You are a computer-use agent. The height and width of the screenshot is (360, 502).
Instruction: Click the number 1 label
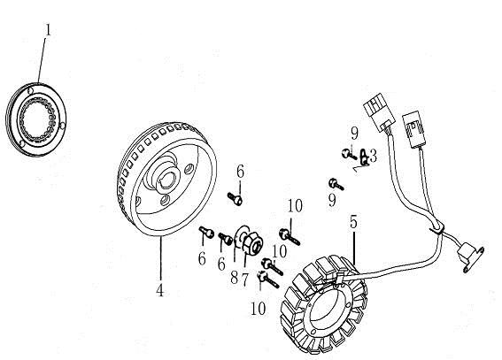[49, 30]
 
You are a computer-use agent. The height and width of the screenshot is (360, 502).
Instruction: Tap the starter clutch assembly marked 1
[35, 119]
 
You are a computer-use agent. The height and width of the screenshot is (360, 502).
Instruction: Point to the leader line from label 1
[42, 60]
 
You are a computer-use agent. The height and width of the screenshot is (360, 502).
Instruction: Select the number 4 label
[159, 290]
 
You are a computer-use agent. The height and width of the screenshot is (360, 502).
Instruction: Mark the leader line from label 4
[161, 259]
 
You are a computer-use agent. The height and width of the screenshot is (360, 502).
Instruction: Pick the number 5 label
[353, 221]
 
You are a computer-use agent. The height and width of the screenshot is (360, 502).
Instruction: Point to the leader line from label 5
[354, 247]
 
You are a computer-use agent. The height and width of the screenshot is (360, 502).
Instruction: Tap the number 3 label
[373, 156]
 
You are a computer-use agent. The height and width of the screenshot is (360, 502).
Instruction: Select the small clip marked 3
[364, 157]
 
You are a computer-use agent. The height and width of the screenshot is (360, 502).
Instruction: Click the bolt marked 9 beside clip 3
[348, 155]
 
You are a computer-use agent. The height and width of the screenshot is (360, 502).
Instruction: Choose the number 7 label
[245, 280]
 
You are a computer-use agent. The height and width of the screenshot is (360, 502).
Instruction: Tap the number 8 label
[235, 278]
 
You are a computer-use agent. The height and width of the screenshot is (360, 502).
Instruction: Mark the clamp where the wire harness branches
[437, 227]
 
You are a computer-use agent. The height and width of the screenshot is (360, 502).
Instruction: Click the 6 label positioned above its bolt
[241, 172]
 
